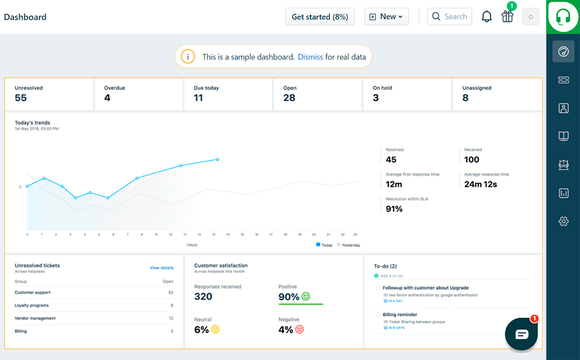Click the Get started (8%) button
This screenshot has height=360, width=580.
point(320,17)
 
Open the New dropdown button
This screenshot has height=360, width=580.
point(387,17)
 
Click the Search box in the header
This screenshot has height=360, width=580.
point(449,17)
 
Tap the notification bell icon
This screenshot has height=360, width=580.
point(486,17)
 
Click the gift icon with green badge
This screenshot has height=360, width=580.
point(507,16)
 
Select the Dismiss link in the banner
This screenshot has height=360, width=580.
point(310,57)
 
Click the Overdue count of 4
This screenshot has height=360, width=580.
point(107,98)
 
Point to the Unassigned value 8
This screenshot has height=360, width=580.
point(465,98)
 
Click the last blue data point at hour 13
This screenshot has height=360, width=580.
point(217,159)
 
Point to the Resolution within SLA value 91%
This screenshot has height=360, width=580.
point(394,209)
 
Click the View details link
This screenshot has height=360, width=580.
point(161,268)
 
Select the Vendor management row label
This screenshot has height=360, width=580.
point(35,318)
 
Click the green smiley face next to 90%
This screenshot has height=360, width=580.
point(306,297)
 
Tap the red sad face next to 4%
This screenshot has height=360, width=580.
point(300,330)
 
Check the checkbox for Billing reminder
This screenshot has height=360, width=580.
point(378,315)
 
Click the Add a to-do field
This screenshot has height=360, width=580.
point(393,275)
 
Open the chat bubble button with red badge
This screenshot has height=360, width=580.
point(521,334)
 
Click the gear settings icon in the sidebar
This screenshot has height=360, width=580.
point(563,222)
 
